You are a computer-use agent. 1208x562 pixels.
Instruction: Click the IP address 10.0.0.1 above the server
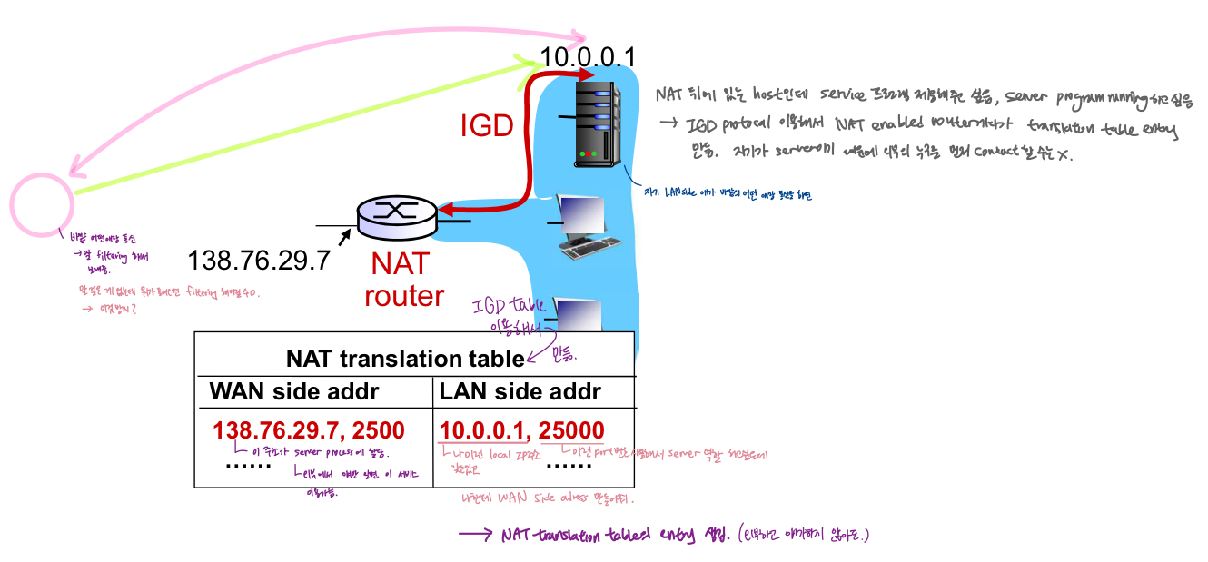(x=587, y=57)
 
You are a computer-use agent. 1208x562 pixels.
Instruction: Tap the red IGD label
(x=486, y=126)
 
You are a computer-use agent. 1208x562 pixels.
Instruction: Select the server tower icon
(x=597, y=122)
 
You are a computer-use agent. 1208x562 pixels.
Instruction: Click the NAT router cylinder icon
(x=396, y=215)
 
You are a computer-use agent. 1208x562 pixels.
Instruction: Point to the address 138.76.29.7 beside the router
(x=258, y=261)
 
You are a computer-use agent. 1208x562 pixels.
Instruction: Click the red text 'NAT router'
(x=403, y=280)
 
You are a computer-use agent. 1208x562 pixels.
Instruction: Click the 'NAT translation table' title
(x=405, y=359)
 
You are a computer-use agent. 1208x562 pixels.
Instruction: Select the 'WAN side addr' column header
(x=294, y=392)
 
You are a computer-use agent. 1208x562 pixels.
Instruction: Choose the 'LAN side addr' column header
(x=520, y=392)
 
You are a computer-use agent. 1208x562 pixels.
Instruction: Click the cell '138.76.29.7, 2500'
(x=309, y=430)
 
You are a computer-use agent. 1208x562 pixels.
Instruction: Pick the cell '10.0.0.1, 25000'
(x=521, y=430)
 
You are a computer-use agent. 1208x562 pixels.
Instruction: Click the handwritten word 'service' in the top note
(x=853, y=94)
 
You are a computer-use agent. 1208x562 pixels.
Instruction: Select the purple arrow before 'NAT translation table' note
(x=477, y=535)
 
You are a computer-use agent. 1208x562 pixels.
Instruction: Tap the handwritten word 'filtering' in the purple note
(x=110, y=257)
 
